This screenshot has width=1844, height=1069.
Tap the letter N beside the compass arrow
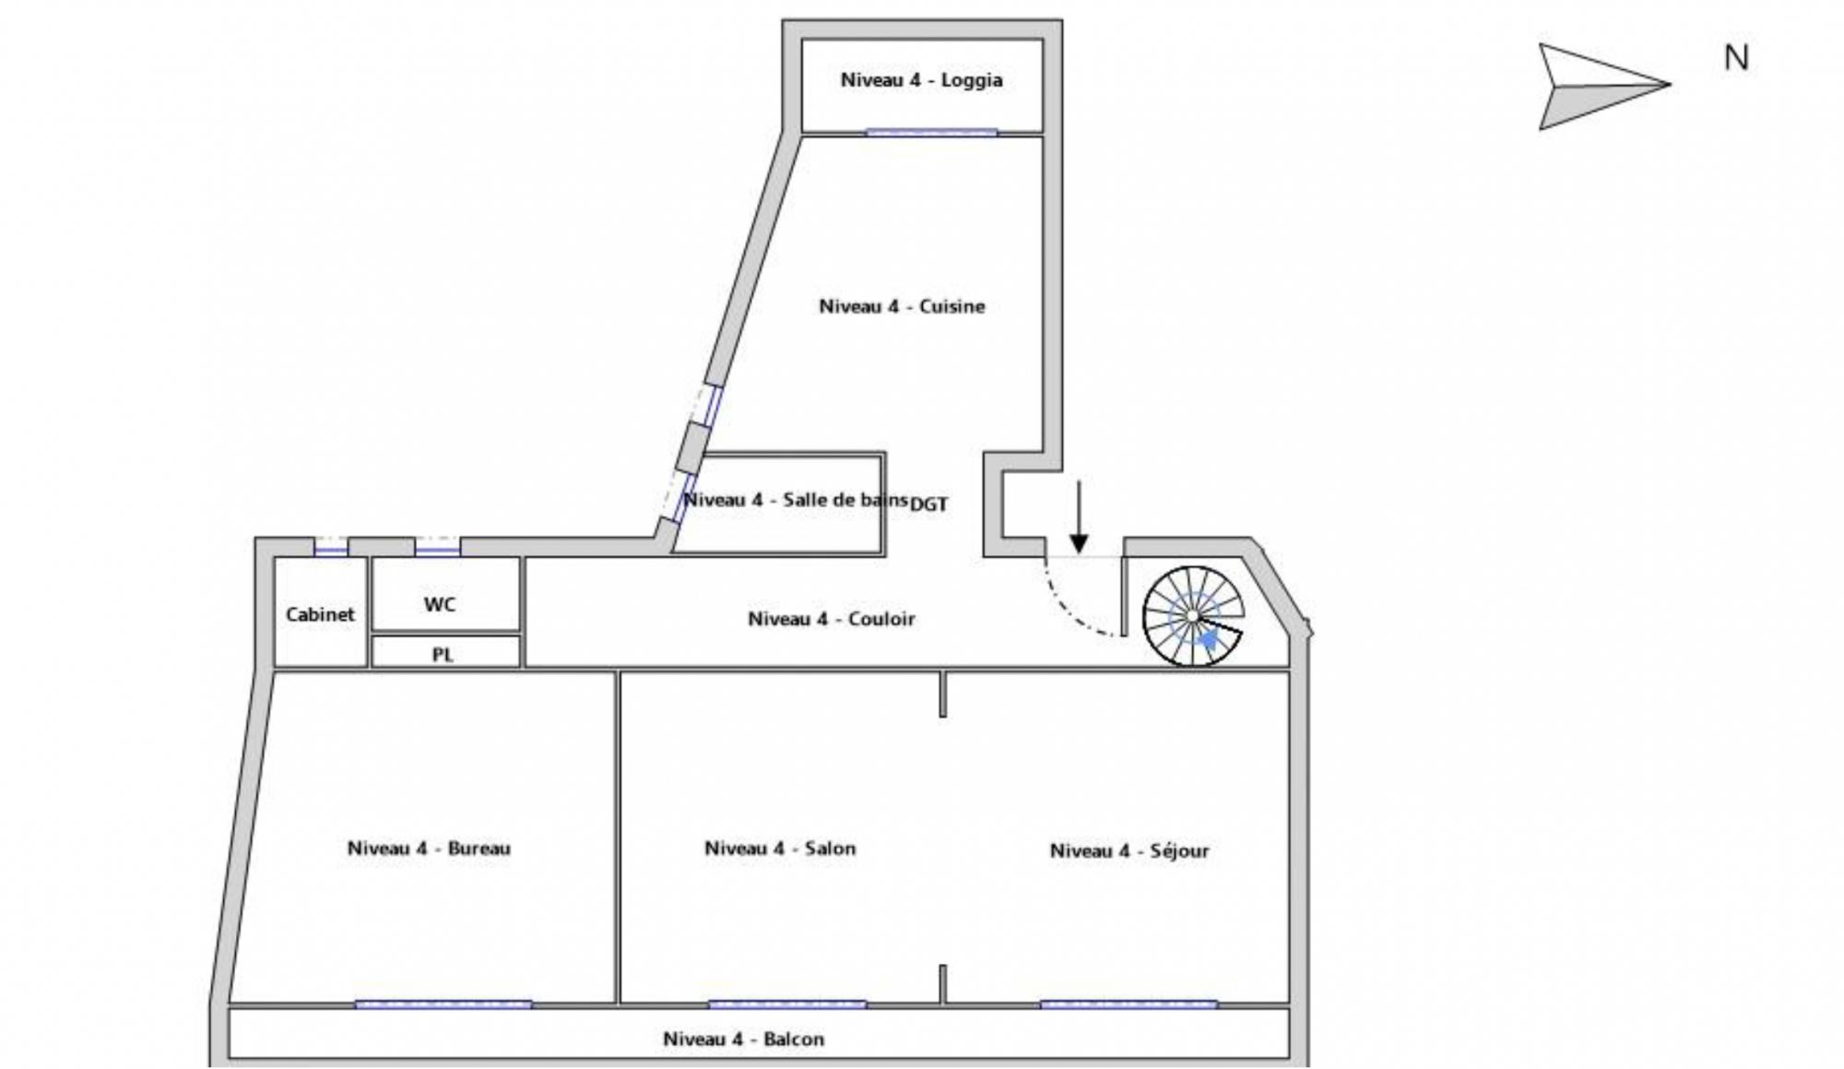click(x=1736, y=58)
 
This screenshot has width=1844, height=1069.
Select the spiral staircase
click(x=1192, y=615)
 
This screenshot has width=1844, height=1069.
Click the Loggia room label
click(x=921, y=80)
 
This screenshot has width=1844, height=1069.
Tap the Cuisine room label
click(x=902, y=306)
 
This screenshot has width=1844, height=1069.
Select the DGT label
click(x=928, y=505)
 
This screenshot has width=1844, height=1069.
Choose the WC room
click(x=440, y=605)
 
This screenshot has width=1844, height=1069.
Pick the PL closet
click(x=443, y=655)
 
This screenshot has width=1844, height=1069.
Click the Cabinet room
click(x=320, y=614)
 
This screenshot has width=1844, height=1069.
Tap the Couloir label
click(x=831, y=619)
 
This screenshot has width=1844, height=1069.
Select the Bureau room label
click(x=429, y=849)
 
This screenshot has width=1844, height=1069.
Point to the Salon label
click(x=780, y=849)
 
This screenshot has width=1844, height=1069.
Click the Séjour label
click(x=1129, y=850)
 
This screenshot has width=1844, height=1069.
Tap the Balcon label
click(x=743, y=1039)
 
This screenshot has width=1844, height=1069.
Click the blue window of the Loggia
click(x=931, y=133)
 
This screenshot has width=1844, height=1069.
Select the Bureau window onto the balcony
click(x=443, y=1004)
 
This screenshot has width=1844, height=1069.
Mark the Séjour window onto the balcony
click(x=1129, y=1004)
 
